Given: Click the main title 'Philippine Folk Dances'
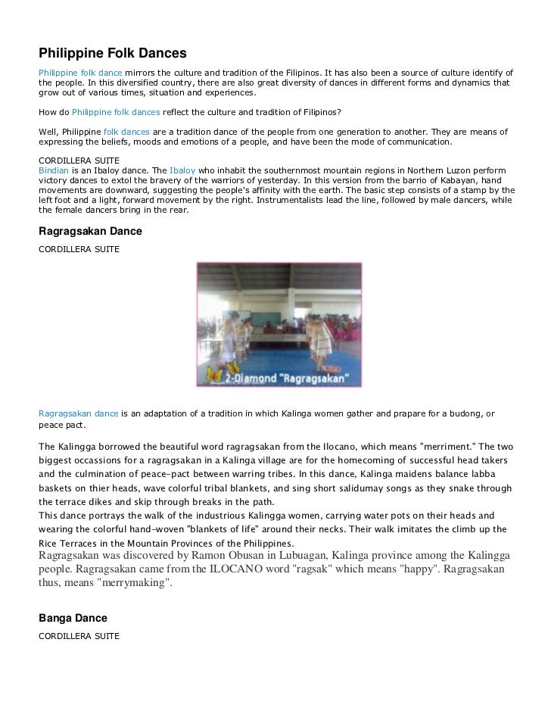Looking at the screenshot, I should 112,54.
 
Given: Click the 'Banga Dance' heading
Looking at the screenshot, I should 73,619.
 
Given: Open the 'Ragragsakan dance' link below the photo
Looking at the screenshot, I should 79,413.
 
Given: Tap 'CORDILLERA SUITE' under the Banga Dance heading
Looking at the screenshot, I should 79,636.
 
